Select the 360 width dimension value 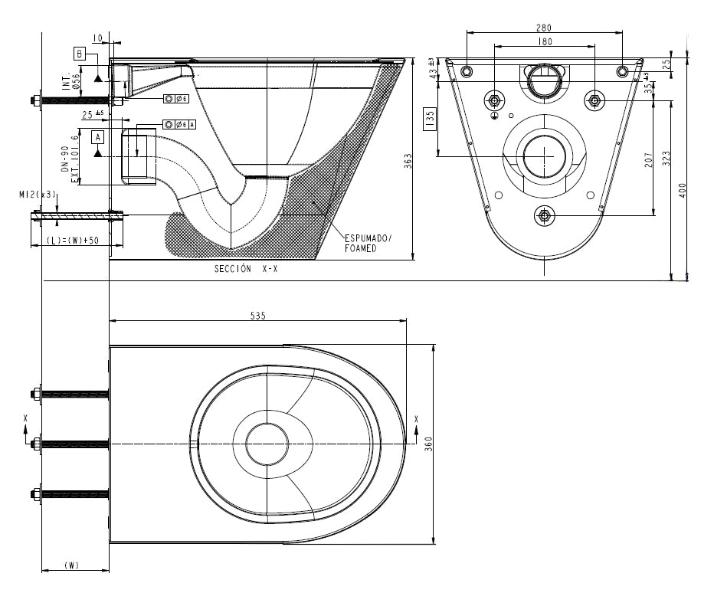(429, 444)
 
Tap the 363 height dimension (408, 160)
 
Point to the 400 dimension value (682, 188)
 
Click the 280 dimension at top (543, 28)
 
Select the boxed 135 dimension (430, 117)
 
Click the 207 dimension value (648, 160)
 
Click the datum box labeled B (80, 53)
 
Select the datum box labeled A (97, 137)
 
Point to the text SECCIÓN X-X (246, 269)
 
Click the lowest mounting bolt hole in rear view (544, 215)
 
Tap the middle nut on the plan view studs (35, 444)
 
